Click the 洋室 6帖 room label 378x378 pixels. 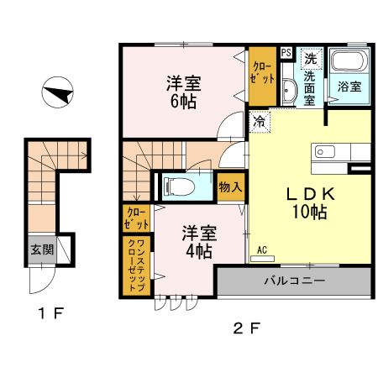pyautogui.click(x=181, y=91)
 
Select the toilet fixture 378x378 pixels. pyautogui.click(x=181, y=186)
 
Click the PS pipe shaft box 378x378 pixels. pyautogui.click(x=286, y=52)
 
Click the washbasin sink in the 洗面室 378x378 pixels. pyautogui.click(x=288, y=91)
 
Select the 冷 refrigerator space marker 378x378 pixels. pyautogui.click(x=257, y=121)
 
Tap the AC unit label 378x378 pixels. pyautogui.click(x=261, y=250)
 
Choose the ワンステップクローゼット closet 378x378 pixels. pyautogui.click(x=136, y=265)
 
